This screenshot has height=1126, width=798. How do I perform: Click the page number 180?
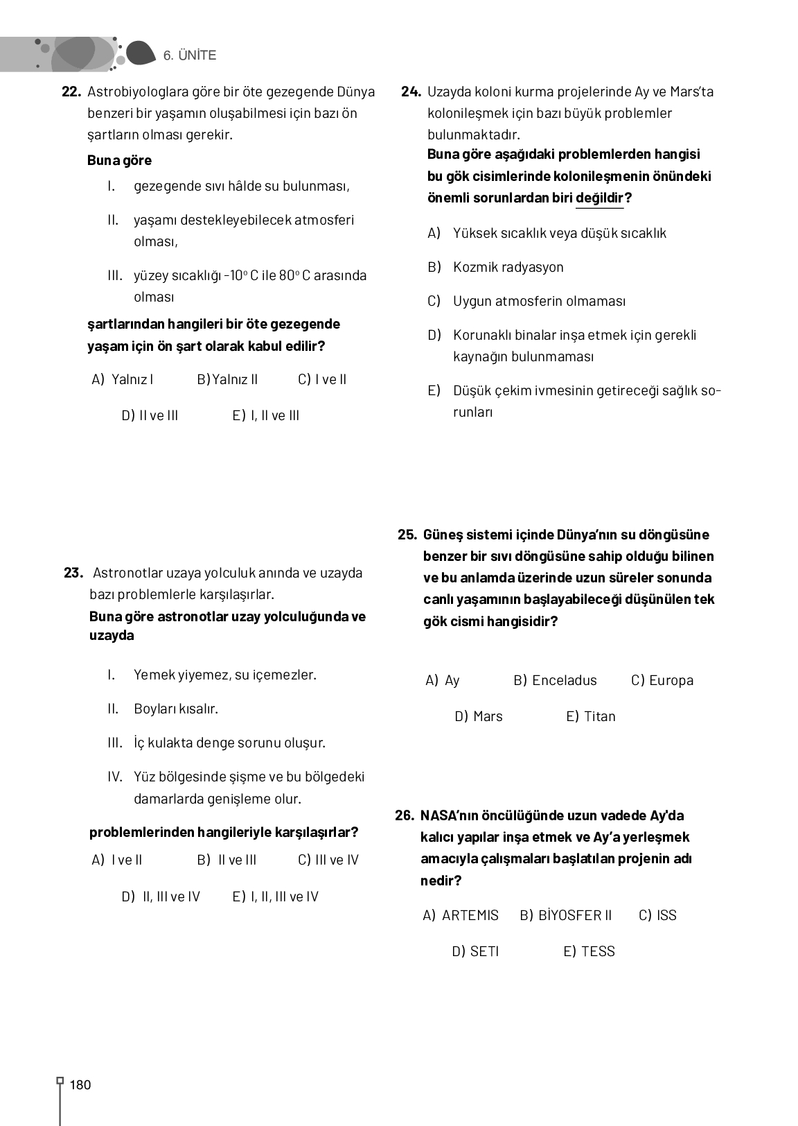pyautogui.click(x=80, y=1085)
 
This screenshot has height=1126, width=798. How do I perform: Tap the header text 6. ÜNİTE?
pyautogui.click(x=190, y=55)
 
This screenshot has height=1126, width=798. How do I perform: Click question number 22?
pyautogui.click(x=72, y=92)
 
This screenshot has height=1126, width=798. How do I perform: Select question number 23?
pyautogui.click(x=73, y=573)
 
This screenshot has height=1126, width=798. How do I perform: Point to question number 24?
pyautogui.click(x=411, y=92)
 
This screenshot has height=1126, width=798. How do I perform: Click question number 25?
pyautogui.click(x=407, y=535)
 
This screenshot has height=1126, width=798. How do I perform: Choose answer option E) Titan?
pyautogui.click(x=591, y=716)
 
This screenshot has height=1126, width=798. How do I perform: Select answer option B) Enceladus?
pyautogui.click(x=555, y=680)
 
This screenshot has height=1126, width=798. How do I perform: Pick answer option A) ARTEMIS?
pyautogui.click(x=461, y=915)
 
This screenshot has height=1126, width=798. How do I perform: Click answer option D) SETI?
pyautogui.click(x=475, y=951)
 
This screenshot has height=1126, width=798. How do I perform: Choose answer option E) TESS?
pyautogui.click(x=589, y=951)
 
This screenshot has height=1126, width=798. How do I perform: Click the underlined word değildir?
pyautogui.click(x=600, y=198)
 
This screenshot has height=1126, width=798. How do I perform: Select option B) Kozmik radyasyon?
pyautogui.click(x=496, y=267)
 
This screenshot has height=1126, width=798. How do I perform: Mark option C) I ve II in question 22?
pyautogui.click(x=322, y=379)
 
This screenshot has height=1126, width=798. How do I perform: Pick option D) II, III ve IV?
pyautogui.click(x=161, y=897)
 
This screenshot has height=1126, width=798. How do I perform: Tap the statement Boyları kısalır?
pyautogui.click(x=175, y=709)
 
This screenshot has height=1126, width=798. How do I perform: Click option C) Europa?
pyautogui.click(x=662, y=680)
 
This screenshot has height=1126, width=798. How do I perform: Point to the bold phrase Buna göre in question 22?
pyautogui.click(x=119, y=160)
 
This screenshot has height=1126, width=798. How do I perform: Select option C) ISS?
pyautogui.click(x=657, y=915)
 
